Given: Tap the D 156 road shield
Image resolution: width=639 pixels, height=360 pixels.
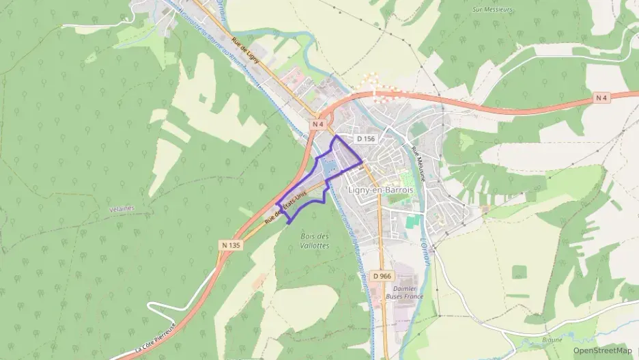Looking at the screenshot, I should click(366, 139).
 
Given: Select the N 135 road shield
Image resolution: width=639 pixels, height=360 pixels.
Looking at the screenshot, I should click(231, 245).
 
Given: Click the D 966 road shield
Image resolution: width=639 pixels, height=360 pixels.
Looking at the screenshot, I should click(382, 275).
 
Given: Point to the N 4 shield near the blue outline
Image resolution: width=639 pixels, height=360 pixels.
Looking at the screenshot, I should click(318, 124).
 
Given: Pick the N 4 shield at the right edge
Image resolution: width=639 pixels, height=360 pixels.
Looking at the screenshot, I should click(601, 98).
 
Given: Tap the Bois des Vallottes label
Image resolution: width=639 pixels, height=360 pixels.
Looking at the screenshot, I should click(315, 240).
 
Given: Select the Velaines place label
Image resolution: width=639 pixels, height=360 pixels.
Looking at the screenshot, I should click(122, 208).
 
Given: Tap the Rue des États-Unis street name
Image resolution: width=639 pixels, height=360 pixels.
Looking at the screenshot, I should click(287, 208).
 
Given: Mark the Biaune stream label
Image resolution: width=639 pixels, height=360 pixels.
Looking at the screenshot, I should click(553, 340).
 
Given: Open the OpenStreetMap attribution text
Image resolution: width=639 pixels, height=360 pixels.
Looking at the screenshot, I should click(602, 350).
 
